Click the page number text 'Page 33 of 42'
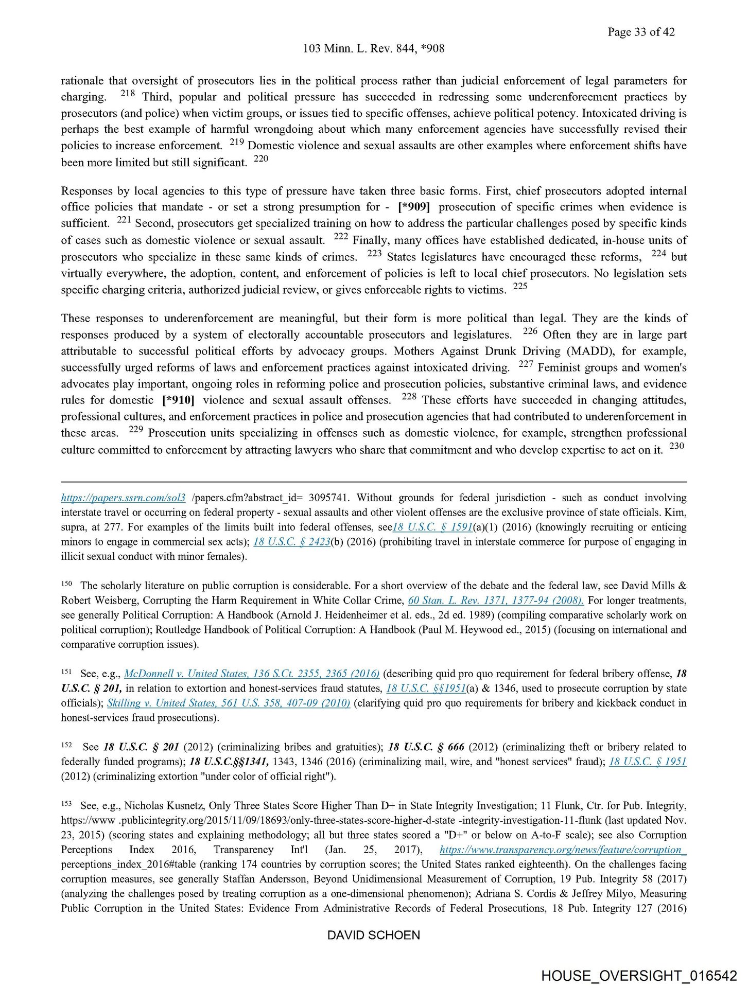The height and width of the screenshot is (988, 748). click(x=641, y=32)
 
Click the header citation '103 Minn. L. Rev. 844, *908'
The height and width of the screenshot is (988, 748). click(x=374, y=48)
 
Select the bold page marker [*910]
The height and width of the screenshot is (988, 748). click(x=178, y=400)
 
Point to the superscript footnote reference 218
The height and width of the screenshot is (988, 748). click(x=127, y=94)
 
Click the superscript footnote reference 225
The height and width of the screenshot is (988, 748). click(x=520, y=286)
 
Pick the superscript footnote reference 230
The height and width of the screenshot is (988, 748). click(x=676, y=446)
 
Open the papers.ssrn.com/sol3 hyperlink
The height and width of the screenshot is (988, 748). click(x=123, y=498)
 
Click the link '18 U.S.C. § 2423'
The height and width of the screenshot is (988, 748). click(x=291, y=541)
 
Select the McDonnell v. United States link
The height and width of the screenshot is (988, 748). click(x=252, y=674)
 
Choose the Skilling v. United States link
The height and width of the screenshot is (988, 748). click(x=229, y=703)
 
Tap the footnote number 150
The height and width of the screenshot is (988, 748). click(x=66, y=584)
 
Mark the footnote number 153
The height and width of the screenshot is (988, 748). click(x=66, y=804)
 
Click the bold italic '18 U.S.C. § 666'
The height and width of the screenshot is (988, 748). click(x=426, y=747)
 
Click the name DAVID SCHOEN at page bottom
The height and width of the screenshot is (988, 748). click(x=374, y=935)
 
